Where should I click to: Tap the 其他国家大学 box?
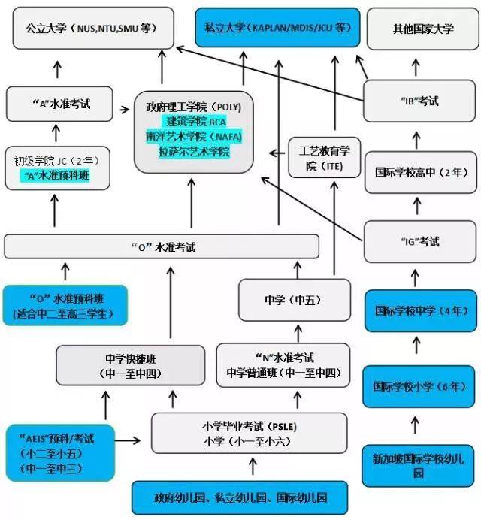[x=422, y=29]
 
